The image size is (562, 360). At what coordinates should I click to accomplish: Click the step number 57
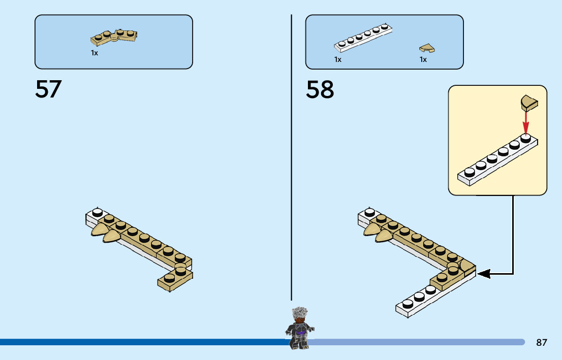(48, 89)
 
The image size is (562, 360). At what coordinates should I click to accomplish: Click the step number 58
(320, 89)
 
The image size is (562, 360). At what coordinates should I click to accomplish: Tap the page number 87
(542, 343)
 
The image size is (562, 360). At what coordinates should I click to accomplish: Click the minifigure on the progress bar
(300, 328)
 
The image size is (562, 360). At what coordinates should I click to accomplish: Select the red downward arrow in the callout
(526, 122)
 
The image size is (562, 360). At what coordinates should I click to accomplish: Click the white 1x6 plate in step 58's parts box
(363, 38)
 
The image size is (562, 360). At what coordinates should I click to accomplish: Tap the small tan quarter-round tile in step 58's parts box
(427, 48)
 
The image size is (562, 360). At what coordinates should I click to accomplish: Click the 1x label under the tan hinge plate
(95, 53)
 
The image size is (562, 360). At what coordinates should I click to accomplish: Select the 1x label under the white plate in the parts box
(338, 59)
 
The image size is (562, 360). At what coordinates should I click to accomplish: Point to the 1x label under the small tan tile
(423, 59)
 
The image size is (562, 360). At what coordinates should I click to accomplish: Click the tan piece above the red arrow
(528, 104)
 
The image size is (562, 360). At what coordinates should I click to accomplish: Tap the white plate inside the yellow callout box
(498, 160)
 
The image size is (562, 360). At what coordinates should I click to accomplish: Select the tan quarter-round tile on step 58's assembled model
(466, 267)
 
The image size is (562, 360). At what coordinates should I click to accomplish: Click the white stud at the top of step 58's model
(370, 213)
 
